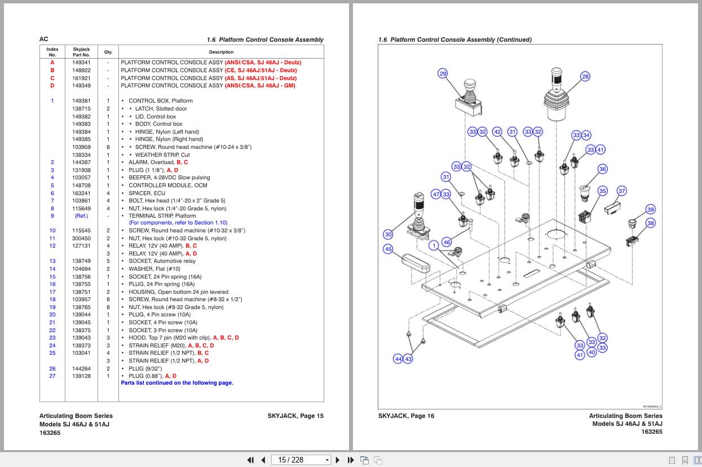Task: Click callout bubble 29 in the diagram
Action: tap(443, 74)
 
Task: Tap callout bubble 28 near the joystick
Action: tap(585, 77)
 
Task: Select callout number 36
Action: tap(603, 169)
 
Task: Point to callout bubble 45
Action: tap(388, 249)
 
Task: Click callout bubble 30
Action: tap(388, 235)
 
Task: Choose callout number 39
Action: tap(650, 210)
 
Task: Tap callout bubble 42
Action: tap(497, 132)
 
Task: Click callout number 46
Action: tap(447, 242)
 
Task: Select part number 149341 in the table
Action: tap(81, 63)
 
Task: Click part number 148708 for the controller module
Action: tap(81, 186)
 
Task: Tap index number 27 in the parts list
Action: tap(52, 376)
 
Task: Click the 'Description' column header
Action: tap(221, 52)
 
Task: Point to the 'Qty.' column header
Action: tap(108, 52)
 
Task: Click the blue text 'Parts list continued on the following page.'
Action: tap(177, 383)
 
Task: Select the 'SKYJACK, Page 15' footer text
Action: tap(295, 416)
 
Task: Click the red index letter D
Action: tap(52, 86)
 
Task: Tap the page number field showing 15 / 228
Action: tap(301, 460)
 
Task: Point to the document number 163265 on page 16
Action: tap(651, 432)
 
